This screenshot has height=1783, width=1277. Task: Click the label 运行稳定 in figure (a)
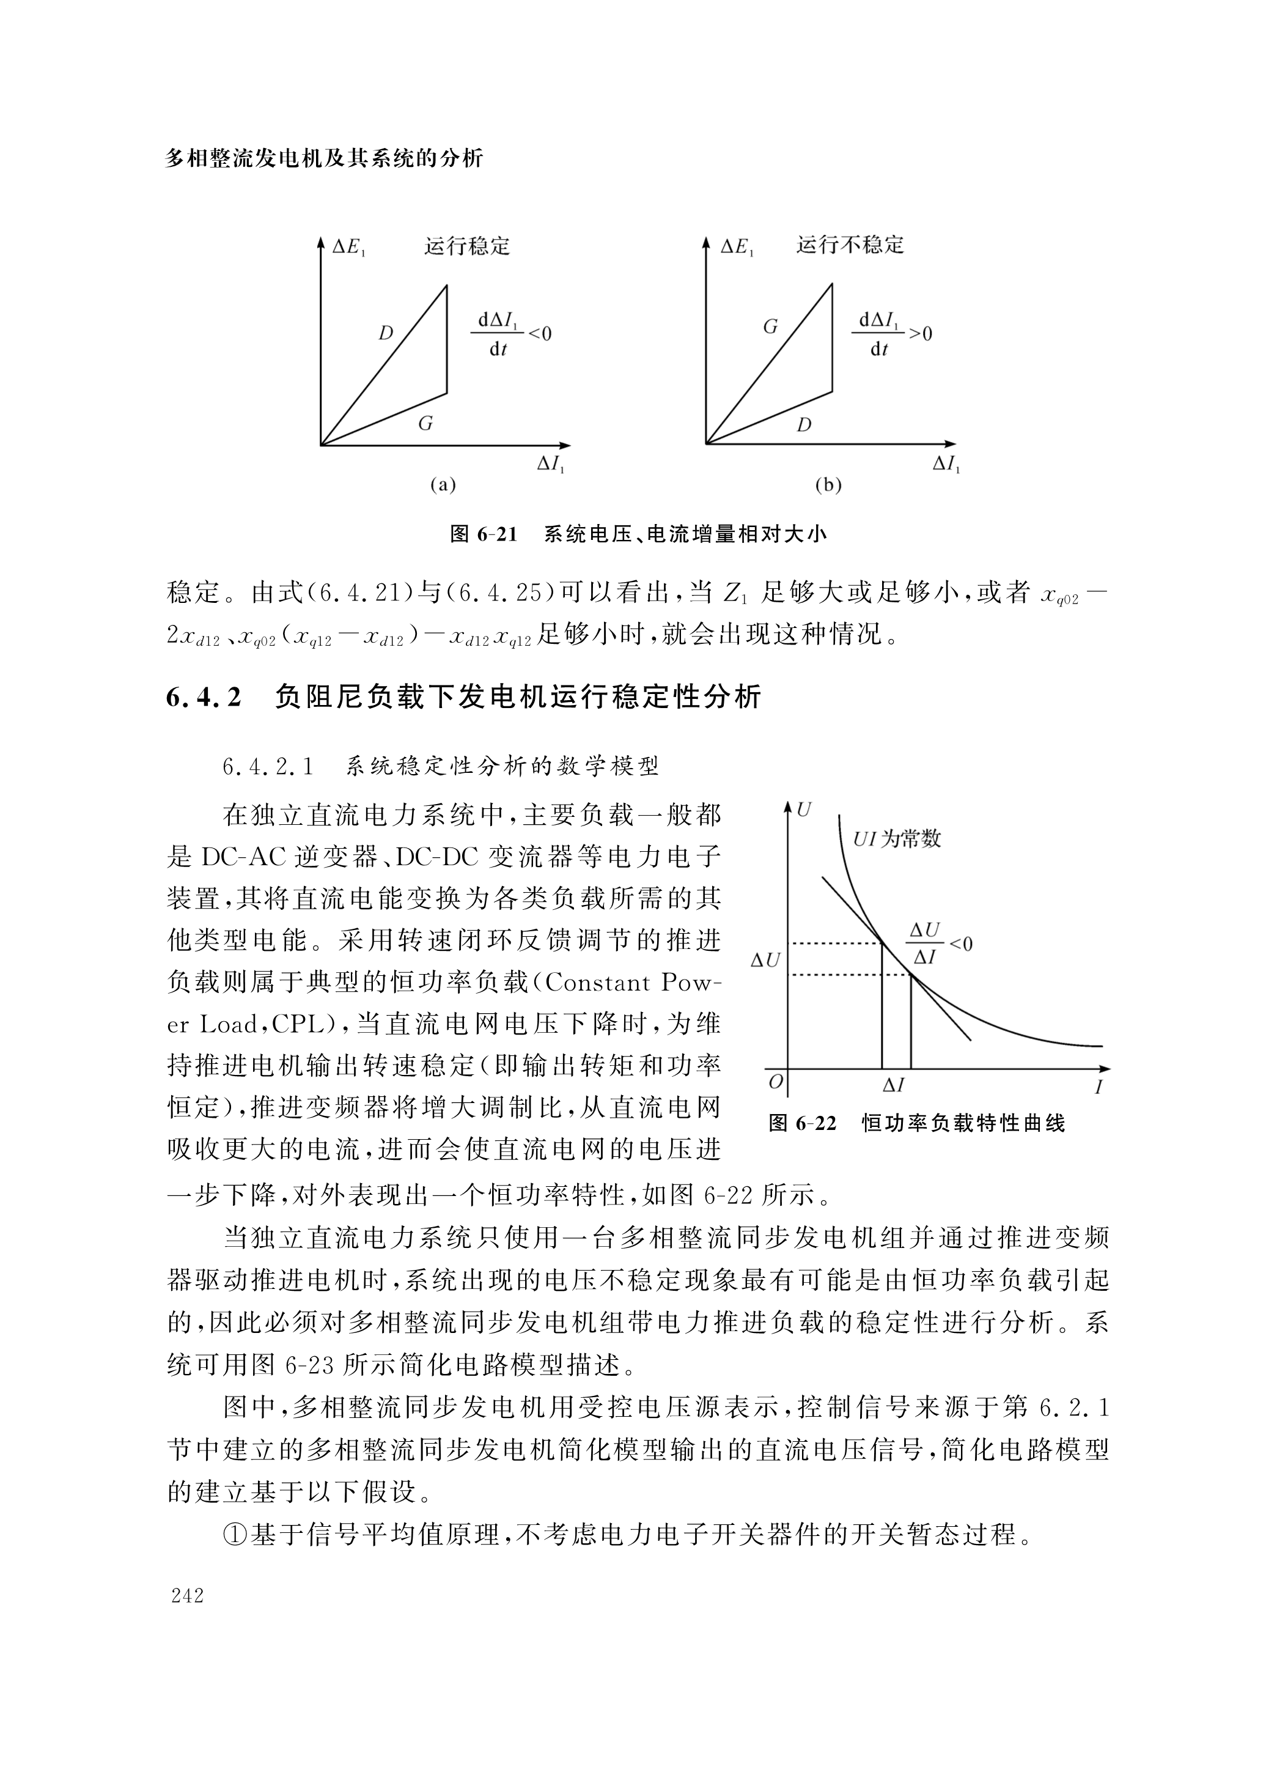tap(467, 246)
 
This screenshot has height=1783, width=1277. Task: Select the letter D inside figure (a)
tap(385, 333)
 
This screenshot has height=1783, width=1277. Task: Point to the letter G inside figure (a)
tap(425, 424)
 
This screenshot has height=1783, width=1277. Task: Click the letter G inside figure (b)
tap(770, 327)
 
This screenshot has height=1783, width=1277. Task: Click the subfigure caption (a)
tap(443, 484)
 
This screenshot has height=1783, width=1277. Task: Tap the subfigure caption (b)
tap(828, 485)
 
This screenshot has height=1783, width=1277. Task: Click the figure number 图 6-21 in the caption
tap(484, 534)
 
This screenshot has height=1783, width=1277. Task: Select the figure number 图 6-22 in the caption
tap(801, 1123)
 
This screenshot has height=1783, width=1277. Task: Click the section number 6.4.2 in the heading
tap(203, 696)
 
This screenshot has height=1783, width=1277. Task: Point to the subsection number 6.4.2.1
tap(268, 766)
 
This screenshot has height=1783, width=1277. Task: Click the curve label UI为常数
tap(897, 839)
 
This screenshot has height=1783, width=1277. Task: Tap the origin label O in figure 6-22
tap(776, 1082)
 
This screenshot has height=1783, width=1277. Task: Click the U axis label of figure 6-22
tap(803, 809)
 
